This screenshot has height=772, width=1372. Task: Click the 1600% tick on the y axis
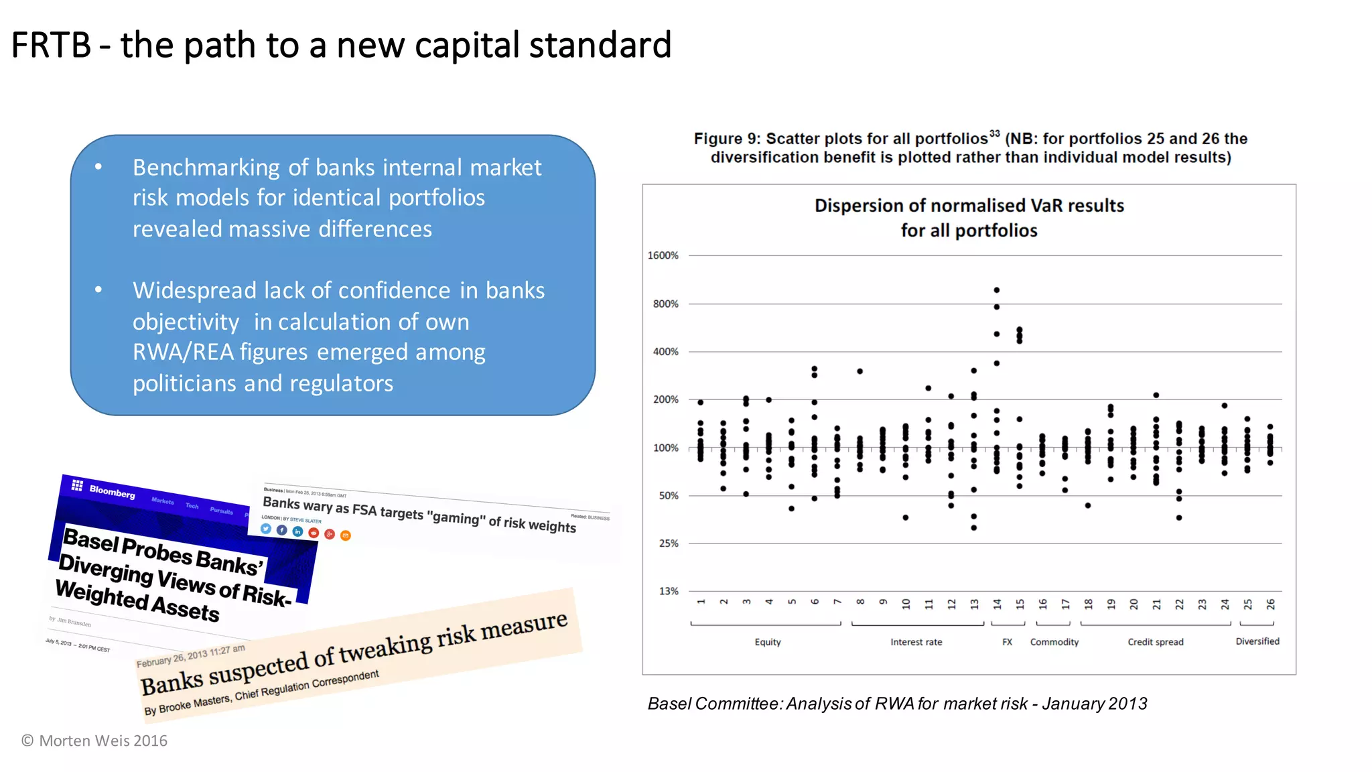click(663, 255)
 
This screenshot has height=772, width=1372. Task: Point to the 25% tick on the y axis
click(668, 543)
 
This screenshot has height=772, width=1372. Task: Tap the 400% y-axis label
click(665, 352)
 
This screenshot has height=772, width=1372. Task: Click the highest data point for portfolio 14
click(997, 290)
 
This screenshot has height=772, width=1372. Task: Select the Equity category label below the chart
click(768, 642)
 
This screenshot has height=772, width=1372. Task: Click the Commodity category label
click(1054, 642)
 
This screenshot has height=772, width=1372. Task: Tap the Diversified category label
click(1257, 641)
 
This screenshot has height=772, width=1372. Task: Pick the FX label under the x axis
click(1007, 642)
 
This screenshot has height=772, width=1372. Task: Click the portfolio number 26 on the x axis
click(1270, 604)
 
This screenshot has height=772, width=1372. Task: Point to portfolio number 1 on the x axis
click(701, 602)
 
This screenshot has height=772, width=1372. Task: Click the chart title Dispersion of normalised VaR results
click(969, 206)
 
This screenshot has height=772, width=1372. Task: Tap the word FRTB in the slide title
click(51, 46)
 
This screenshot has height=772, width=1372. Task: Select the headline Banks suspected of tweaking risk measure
click(354, 653)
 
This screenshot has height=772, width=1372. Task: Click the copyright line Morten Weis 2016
click(94, 741)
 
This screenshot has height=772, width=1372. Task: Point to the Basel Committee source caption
click(897, 704)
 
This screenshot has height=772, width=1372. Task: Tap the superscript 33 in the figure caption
click(994, 133)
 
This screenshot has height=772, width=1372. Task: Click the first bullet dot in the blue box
click(98, 167)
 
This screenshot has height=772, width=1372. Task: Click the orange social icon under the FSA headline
click(346, 535)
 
